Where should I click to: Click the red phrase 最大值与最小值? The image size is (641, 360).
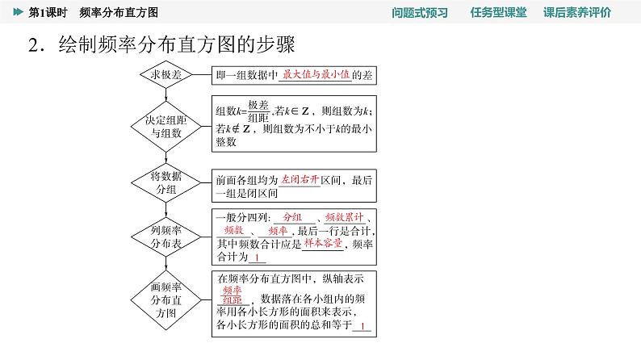point(316,74)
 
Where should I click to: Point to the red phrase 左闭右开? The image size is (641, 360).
point(300,179)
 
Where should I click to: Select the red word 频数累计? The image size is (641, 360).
point(344,217)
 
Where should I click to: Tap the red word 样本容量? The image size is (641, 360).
point(323,243)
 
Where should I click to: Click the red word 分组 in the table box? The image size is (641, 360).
point(292,217)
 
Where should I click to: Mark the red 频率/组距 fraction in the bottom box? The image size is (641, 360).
point(233,295)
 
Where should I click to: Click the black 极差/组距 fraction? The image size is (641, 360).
point(258,111)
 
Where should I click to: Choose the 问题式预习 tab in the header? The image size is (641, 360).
point(420,12)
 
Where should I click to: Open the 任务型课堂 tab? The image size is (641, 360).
point(498,12)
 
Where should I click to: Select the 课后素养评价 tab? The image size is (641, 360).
point(577,12)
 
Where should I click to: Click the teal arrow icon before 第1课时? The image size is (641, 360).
point(18,12)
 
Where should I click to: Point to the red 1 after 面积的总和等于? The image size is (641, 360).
point(362,326)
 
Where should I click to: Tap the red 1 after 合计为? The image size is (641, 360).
point(257,257)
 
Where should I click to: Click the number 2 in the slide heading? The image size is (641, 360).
point(33,45)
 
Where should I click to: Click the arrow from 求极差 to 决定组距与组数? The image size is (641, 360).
point(165,94)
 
